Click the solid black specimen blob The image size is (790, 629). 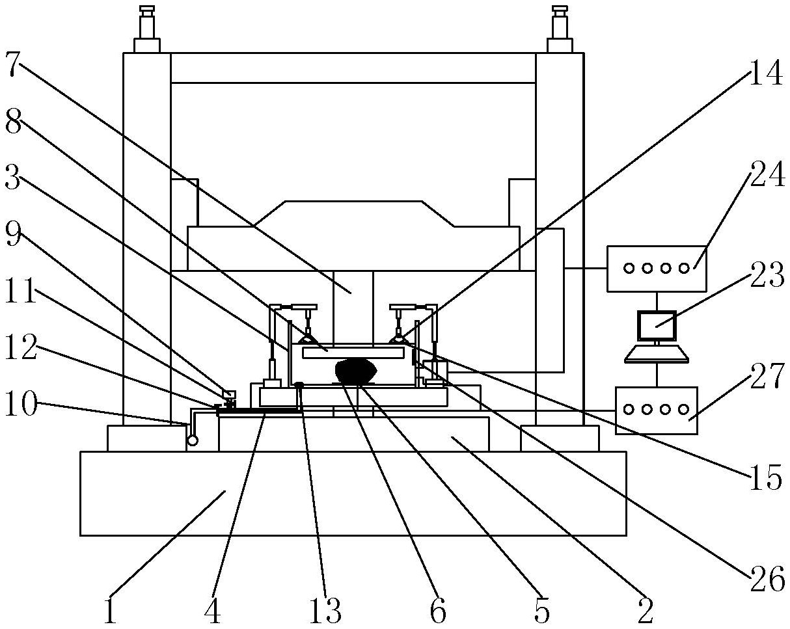click(x=356, y=371)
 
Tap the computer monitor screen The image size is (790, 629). click(x=657, y=326)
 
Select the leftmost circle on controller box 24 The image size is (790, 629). click(x=629, y=269)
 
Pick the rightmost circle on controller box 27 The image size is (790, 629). click(x=683, y=409)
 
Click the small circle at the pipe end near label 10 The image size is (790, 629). click(x=193, y=440)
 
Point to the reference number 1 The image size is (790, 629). click(x=110, y=610)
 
